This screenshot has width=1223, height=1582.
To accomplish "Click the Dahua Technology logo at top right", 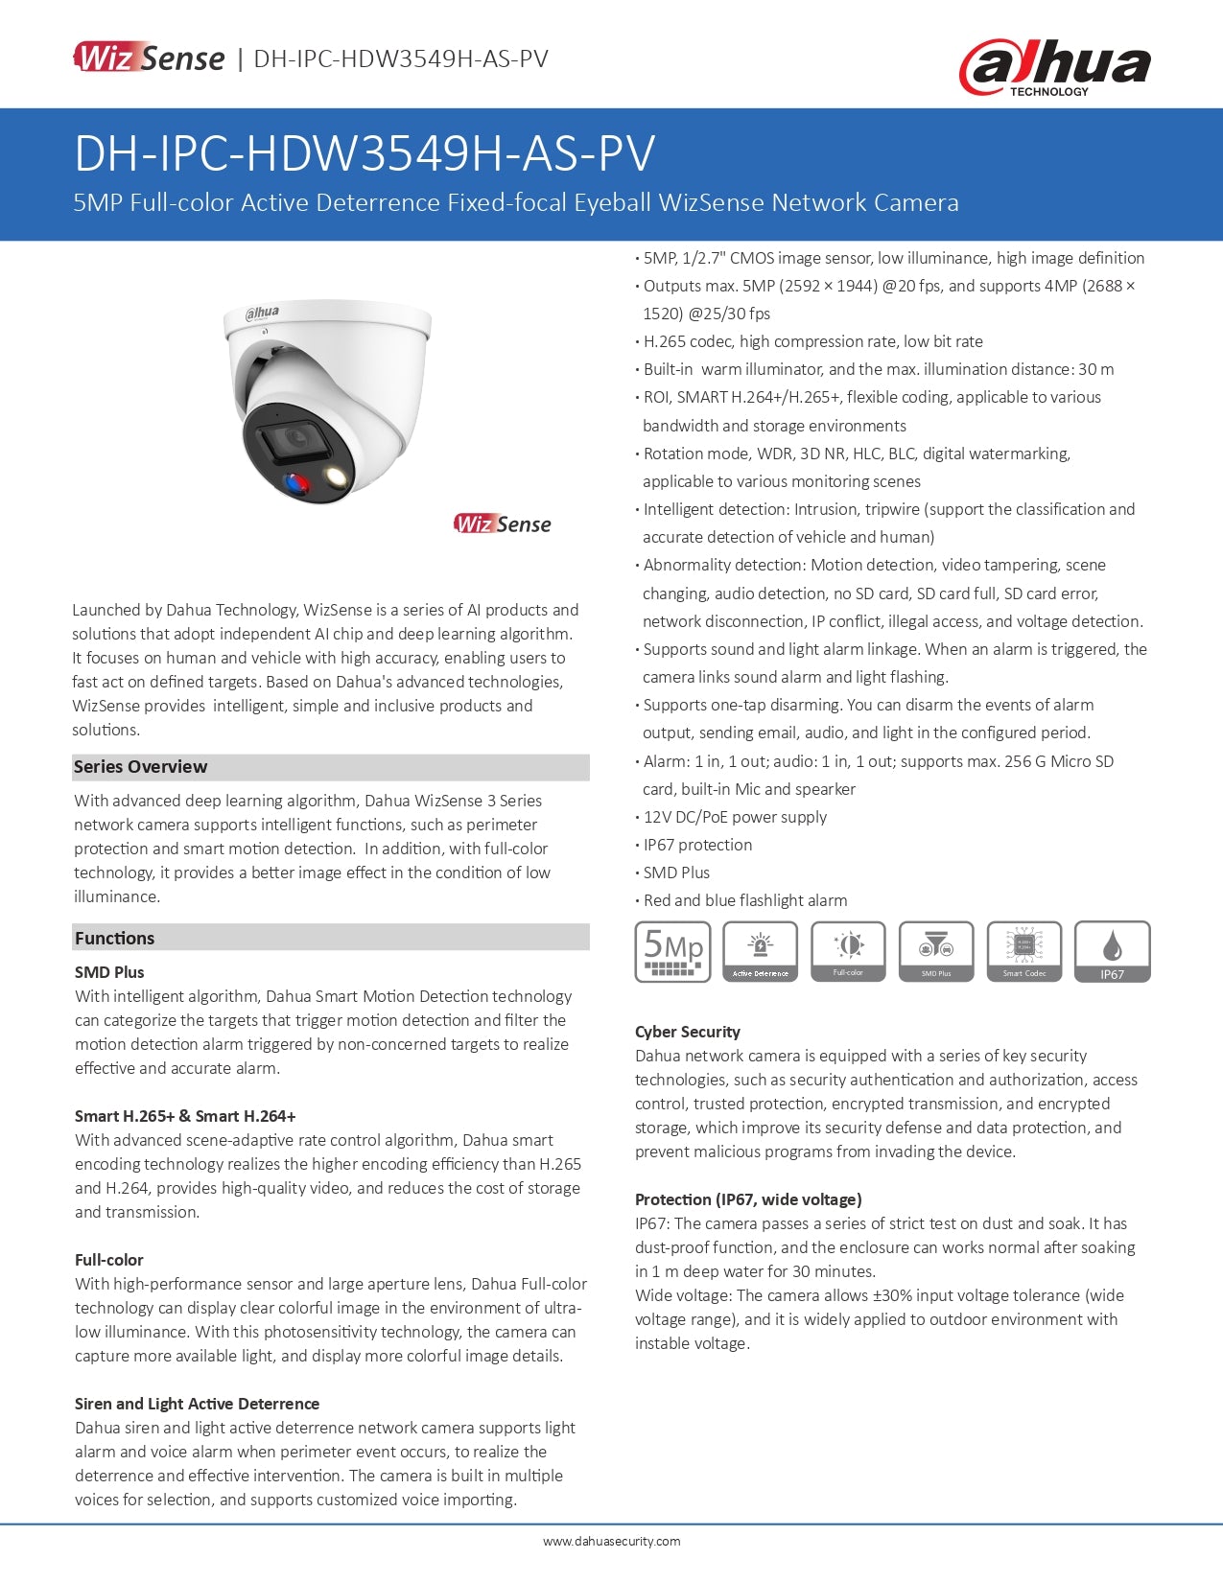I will pyautogui.click(x=1054, y=67).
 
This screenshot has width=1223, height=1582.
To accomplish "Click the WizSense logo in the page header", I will pyautogui.click(x=150, y=58).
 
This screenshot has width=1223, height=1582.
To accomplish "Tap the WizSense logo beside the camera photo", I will pyautogui.click(x=503, y=523).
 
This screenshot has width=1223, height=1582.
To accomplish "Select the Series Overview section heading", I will pyautogui.click(x=140, y=767).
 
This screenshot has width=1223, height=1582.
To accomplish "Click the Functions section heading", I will pyautogui.click(x=114, y=938).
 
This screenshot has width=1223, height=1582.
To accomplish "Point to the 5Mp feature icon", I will pyautogui.click(x=672, y=951).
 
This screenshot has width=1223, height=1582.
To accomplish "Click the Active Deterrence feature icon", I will pyautogui.click(x=760, y=951).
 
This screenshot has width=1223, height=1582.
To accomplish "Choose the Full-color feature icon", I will pyautogui.click(x=848, y=951).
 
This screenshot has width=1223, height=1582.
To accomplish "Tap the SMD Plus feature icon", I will pyautogui.click(x=936, y=951).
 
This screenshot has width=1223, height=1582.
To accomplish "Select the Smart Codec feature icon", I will pyautogui.click(x=1024, y=951).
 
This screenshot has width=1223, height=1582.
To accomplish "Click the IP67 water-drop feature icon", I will pyautogui.click(x=1112, y=951).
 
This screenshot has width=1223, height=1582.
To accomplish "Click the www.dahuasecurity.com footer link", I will pyautogui.click(x=611, y=1542).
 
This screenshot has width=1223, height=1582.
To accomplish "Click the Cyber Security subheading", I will pyautogui.click(x=688, y=1032).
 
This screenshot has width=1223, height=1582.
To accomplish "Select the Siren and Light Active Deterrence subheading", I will pyautogui.click(x=197, y=1404).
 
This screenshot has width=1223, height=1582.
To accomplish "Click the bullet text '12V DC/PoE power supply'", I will pyautogui.click(x=735, y=817).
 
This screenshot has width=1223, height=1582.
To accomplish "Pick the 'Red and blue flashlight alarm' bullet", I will pyautogui.click(x=745, y=900).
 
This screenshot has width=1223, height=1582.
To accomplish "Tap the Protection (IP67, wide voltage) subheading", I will pyautogui.click(x=748, y=1199).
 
